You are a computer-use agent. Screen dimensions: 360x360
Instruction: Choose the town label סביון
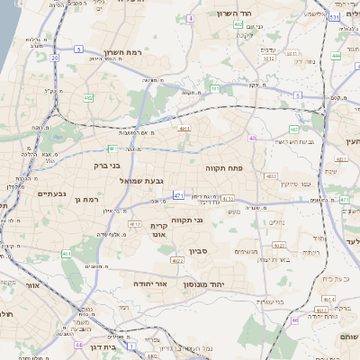click(x=198, y=251)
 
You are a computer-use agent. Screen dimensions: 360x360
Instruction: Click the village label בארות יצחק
click(x=272, y=259)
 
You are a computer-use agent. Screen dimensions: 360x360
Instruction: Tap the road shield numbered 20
click(x=54, y=58)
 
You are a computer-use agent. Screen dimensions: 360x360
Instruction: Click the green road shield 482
click(x=88, y=96)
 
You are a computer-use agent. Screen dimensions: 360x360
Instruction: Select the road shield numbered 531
click(x=333, y=17)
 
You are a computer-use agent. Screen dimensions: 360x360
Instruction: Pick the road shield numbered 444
click(x=335, y=56)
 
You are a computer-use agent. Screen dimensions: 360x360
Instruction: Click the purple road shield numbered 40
click(x=253, y=138)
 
